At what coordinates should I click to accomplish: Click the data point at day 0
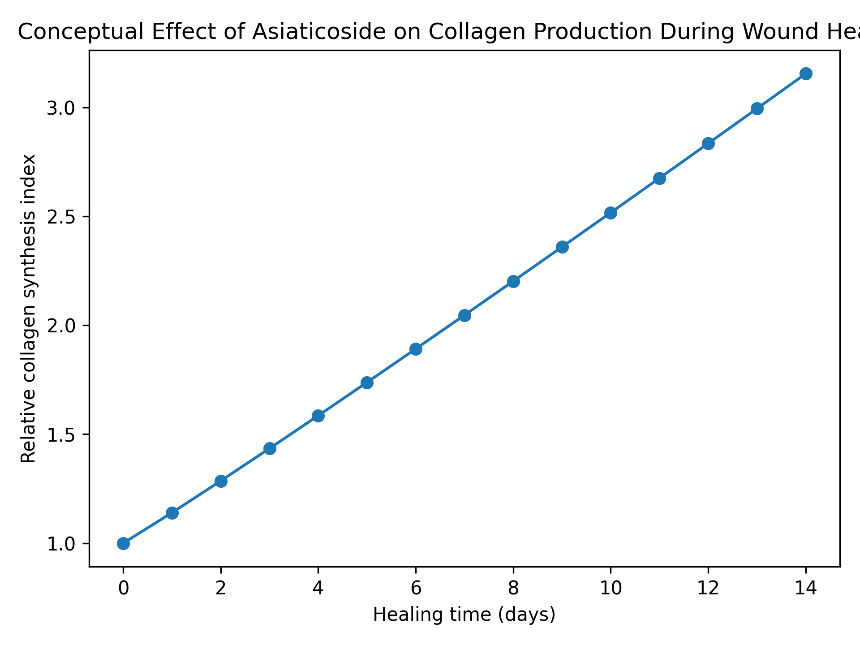pos(123,543)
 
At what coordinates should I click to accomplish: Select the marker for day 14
pos(806,73)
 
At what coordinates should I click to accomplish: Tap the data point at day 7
pos(464,315)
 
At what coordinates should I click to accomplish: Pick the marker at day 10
pos(611,213)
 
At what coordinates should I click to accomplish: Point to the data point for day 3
pos(270,448)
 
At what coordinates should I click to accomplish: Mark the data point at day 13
pos(757,108)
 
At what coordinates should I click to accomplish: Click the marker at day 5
pos(367,383)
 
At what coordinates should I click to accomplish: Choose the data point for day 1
pos(172,513)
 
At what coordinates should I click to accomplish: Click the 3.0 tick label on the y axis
pos(62,108)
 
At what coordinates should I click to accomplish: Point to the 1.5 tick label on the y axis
pos(62,434)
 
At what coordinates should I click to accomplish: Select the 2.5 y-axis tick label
pos(62,217)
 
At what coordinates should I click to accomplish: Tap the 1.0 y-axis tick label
pos(62,543)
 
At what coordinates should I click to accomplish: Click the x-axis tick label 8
pos(513,589)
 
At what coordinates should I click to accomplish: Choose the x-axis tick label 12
pos(708,589)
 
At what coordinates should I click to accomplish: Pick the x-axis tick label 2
pos(221,589)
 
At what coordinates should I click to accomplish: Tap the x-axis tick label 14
pos(806,589)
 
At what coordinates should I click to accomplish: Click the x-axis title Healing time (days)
pos(464,615)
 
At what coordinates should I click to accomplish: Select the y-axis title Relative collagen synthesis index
pos(29,309)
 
